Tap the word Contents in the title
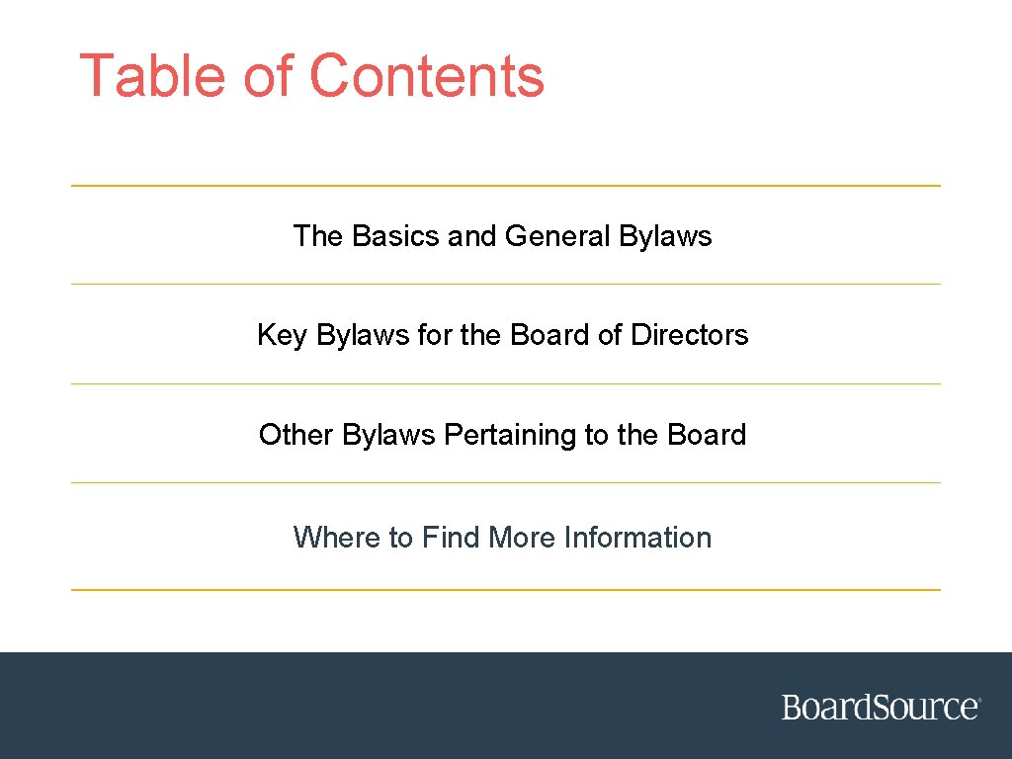point(426,76)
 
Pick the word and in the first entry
point(472,236)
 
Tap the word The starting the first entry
point(317,236)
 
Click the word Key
point(282,336)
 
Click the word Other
point(295,435)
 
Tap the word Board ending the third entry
point(707,435)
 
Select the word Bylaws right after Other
point(388,436)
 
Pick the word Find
point(452,538)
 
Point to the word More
point(523,538)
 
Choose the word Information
point(637,538)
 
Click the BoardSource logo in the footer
point(881,708)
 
